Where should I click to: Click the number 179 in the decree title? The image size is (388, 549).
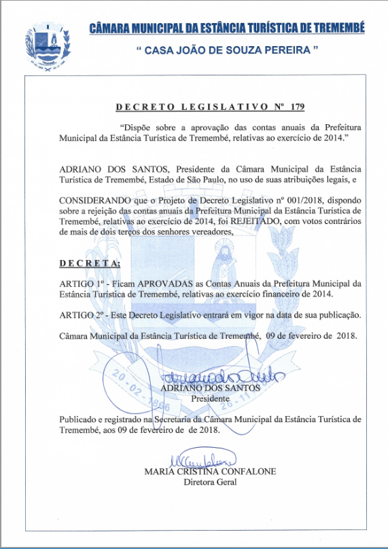pos(297,107)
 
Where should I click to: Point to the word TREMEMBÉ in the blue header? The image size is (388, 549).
pos(339,27)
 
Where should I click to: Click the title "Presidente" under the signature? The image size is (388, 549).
pos(210,398)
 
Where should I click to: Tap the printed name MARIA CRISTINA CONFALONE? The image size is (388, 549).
pos(210,472)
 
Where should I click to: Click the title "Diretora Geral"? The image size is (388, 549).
pos(210,482)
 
